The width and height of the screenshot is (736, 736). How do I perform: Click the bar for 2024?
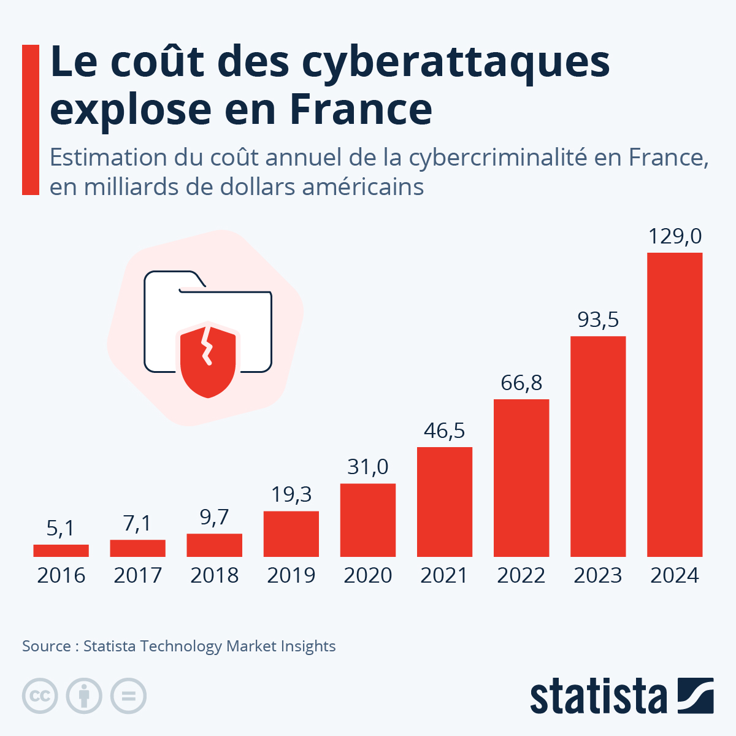click(675, 405)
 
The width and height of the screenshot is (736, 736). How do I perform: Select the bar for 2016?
click(61, 551)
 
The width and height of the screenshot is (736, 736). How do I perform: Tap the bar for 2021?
click(445, 502)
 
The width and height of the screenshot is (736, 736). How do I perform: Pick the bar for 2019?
click(291, 534)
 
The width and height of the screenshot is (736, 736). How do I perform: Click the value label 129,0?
click(675, 236)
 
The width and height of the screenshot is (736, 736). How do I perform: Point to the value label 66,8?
click(521, 383)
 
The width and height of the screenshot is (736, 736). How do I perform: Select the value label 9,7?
click(214, 517)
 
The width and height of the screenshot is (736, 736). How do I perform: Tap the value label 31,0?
click(368, 467)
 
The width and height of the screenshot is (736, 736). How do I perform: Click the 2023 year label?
click(598, 575)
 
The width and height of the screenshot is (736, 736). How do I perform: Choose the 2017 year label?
click(137, 575)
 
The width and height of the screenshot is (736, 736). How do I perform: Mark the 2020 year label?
click(368, 575)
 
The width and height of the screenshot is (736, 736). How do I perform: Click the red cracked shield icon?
click(208, 359)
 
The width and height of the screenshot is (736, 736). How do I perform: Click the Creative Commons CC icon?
click(40, 696)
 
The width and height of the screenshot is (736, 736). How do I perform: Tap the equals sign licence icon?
click(128, 696)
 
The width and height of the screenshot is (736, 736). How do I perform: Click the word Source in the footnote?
click(46, 646)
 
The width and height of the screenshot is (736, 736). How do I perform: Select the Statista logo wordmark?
click(598, 697)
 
